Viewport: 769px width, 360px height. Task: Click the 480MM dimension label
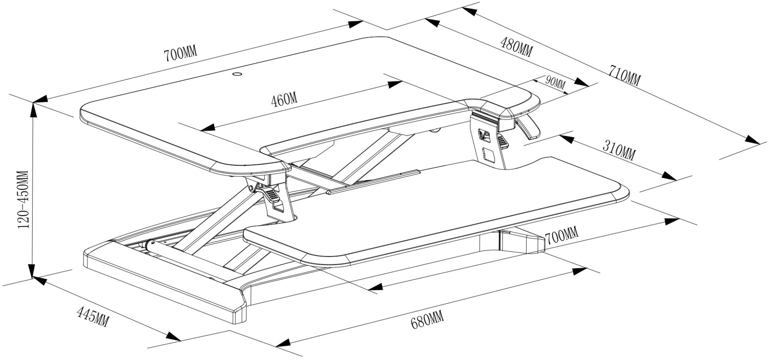[x=516, y=46]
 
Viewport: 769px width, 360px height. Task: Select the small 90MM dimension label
[x=555, y=81]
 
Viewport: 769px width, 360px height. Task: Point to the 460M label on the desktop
[x=284, y=100]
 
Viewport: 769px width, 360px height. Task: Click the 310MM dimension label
[x=618, y=149]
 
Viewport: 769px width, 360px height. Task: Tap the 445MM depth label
[x=93, y=316]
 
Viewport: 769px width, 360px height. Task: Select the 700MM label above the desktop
[x=180, y=54]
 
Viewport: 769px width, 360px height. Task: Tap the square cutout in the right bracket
[x=490, y=156]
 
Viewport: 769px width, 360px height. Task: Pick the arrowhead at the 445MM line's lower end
[x=174, y=336]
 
